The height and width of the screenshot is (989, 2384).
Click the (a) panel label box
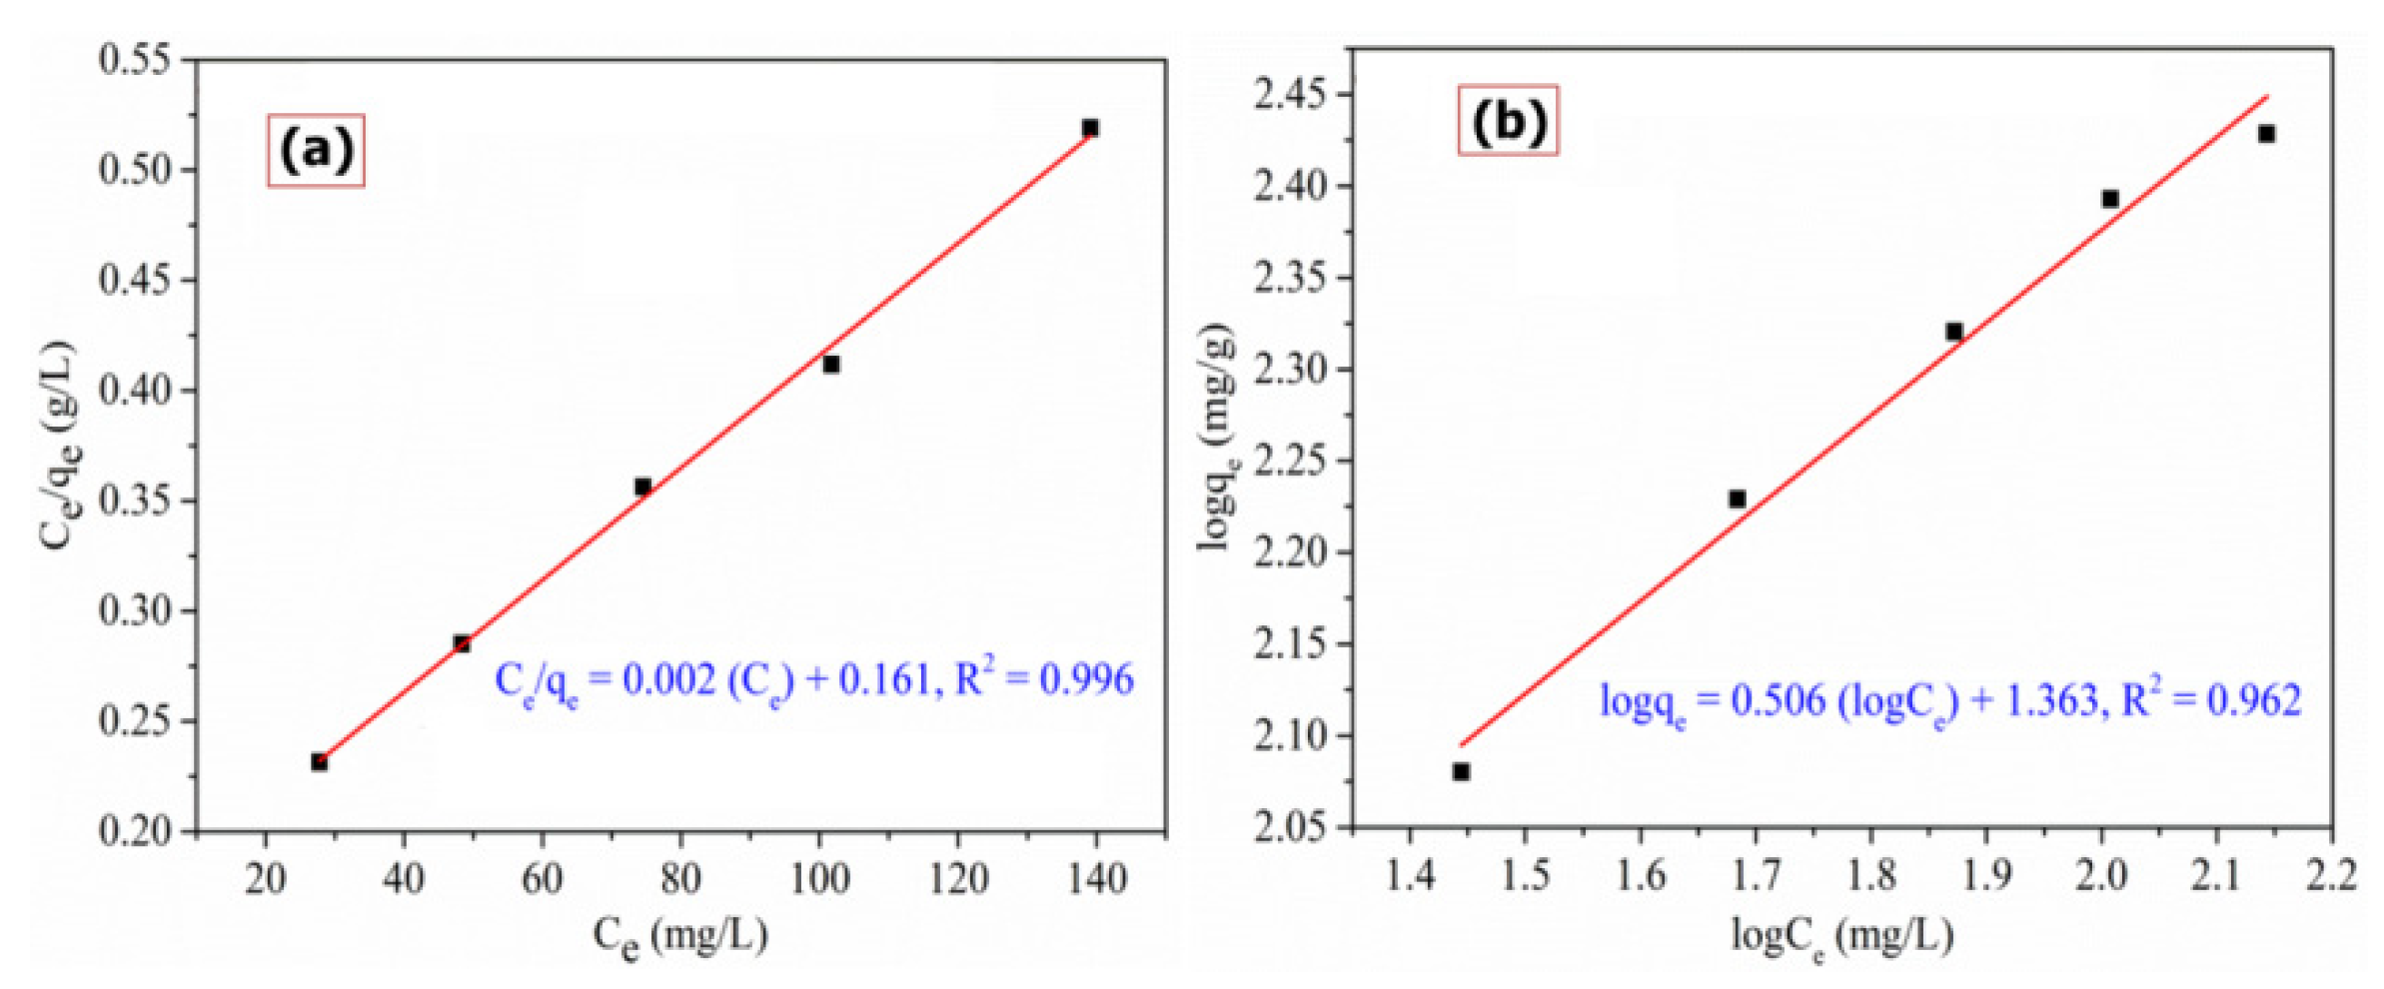click(316, 151)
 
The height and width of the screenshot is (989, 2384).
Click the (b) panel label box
click(1508, 121)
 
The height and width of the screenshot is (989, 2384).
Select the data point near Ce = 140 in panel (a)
click(1090, 128)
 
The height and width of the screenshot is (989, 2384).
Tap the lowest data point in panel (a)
click(319, 762)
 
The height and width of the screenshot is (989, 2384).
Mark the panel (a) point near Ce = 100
click(831, 365)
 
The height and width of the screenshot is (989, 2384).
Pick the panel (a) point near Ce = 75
click(642, 487)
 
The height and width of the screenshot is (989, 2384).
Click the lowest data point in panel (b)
click(1461, 771)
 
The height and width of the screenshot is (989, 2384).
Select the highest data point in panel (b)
click(2267, 134)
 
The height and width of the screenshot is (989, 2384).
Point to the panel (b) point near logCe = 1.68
click(1738, 498)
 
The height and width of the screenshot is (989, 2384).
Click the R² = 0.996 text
click(1045, 679)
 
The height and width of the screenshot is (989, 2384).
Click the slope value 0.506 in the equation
click(1778, 700)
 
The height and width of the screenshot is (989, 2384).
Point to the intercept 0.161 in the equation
click(883, 680)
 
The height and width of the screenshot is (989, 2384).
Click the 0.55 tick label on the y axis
click(135, 60)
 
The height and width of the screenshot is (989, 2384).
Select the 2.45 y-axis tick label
click(1291, 95)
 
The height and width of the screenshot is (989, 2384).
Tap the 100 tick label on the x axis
click(819, 879)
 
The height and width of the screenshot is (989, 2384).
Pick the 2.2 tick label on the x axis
click(2330, 876)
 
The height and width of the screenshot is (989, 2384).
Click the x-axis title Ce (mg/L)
click(680, 936)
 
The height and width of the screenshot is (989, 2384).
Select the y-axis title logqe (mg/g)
click(1217, 438)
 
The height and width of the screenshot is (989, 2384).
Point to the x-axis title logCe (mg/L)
click(1841, 936)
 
